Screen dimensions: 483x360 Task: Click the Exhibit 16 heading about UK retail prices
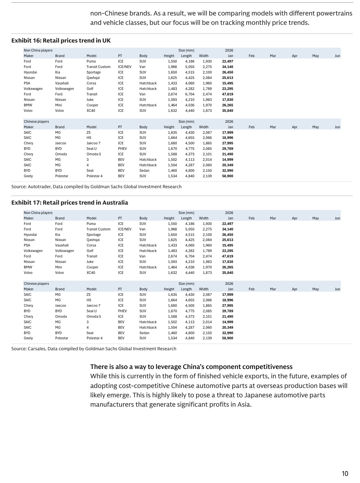(x=61, y=41)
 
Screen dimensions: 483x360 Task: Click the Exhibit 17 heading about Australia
(x=70, y=203)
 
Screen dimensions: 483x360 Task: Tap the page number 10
(x=345, y=473)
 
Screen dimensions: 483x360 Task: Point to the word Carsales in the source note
(x=36, y=349)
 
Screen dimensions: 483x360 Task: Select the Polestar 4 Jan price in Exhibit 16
(x=228, y=176)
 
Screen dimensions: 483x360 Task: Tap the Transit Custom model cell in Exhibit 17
(x=98, y=229)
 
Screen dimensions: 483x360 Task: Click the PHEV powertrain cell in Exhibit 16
(x=122, y=149)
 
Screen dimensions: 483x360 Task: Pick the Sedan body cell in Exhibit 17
(x=144, y=333)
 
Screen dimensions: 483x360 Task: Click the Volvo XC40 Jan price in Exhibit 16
(x=228, y=111)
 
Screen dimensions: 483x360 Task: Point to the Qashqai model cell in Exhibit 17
(x=93, y=240)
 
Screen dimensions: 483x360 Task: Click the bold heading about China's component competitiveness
(x=191, y=367)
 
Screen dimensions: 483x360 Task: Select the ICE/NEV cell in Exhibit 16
(x=125, y=67)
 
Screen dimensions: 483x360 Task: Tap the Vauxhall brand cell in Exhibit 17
(x=62, y=245)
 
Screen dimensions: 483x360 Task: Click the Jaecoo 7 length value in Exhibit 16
(x=190, y=143)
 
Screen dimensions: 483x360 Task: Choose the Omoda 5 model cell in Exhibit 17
(x=94, y=316)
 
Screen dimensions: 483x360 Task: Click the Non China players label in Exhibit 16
(x=38, y=50)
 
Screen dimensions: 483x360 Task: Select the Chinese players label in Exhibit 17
(x=36, y=284)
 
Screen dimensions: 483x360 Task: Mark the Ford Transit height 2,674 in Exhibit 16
(x=172, y=94)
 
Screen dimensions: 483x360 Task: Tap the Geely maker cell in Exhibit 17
(x=28, y=338)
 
